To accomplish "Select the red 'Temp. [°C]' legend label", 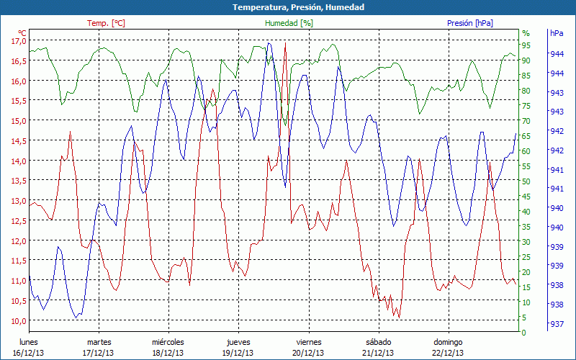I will point(106,23).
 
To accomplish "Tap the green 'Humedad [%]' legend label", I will point(289,23).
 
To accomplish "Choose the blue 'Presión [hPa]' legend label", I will point(470,23).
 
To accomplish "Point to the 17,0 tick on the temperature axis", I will point(18,41).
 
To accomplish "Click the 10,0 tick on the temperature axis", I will point(18,320).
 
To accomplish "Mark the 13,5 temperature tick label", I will point(18,181).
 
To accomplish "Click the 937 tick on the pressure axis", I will point(557,323).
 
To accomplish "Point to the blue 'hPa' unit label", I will point(557,33).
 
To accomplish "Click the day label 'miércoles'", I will point(168,342).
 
